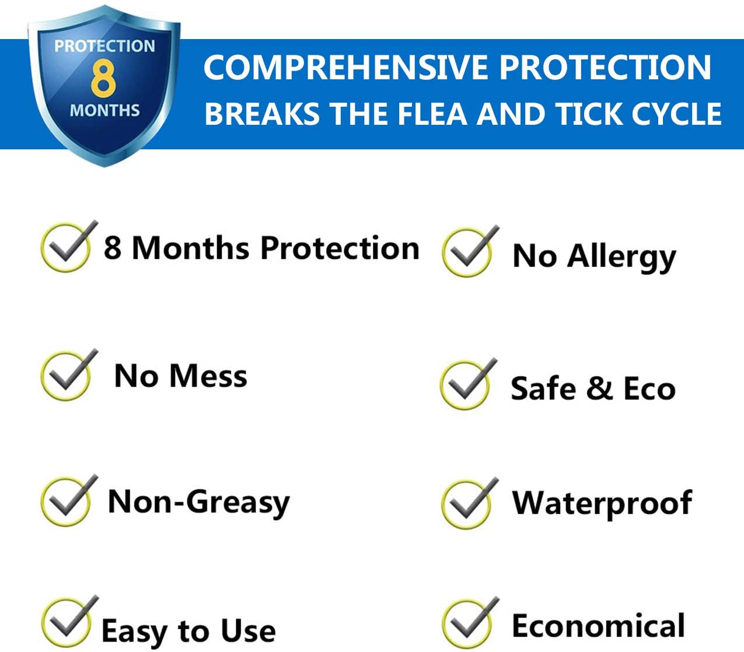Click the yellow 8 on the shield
tap(103, 79)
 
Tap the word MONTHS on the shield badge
tap(104, 110)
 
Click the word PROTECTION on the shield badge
tap(104, 46)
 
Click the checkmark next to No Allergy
tap(469, 251)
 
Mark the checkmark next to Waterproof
tap(468, 503)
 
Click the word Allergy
tap(622, 257)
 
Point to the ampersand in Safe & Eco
tap(599, 388)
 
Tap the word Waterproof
tap(602, 503)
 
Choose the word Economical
tap(598, 626)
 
